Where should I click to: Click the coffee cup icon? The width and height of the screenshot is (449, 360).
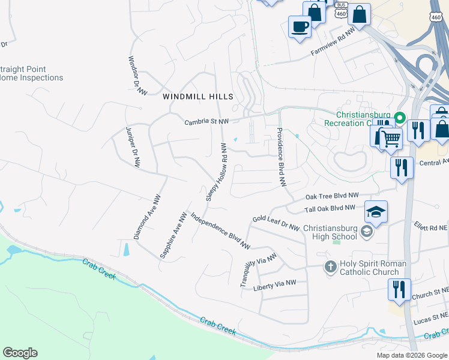300,26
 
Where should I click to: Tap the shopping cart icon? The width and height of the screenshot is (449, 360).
391,139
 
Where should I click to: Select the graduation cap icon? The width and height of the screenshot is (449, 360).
376,212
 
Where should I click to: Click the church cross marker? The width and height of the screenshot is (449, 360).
330,266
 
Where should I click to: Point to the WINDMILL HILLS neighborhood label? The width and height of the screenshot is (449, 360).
197,96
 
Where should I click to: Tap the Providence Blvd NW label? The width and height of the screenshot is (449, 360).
280,157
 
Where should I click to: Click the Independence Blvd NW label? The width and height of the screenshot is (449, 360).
220,230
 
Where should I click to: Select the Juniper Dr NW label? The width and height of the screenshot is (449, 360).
133,146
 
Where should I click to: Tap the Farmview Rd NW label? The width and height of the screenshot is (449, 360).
333,44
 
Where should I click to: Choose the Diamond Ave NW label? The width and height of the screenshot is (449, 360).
147,217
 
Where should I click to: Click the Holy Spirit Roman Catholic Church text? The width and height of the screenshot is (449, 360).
373,268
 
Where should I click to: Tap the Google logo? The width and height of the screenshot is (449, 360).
20,353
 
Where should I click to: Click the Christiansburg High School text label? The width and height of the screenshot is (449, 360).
330,232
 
